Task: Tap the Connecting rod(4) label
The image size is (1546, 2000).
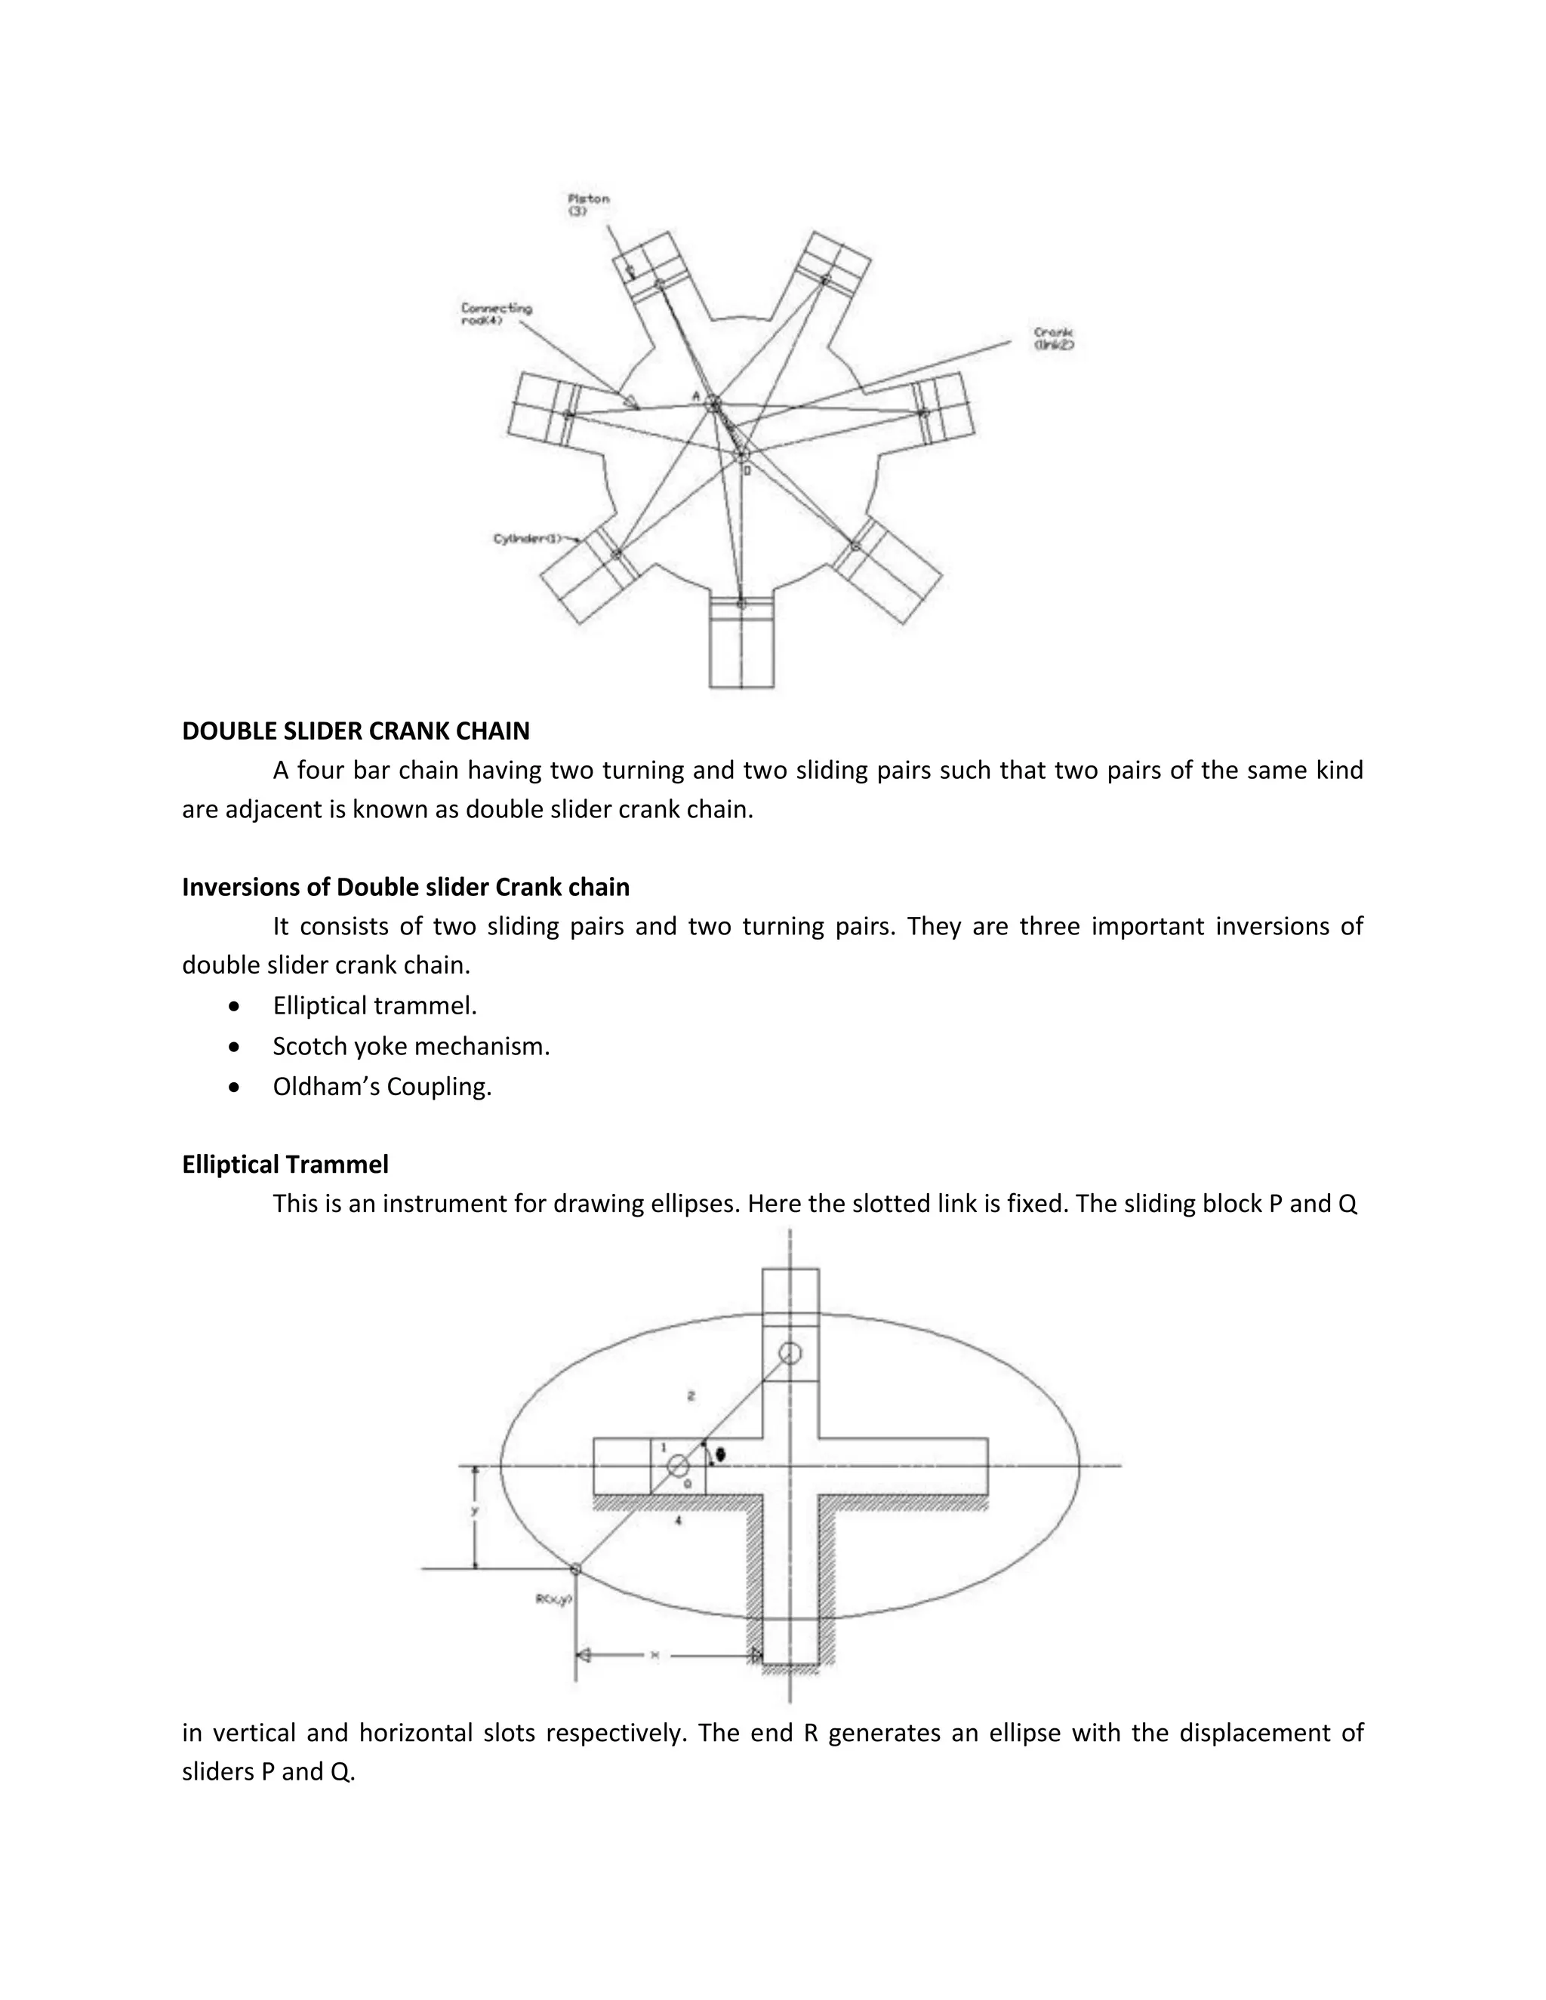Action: pos(495,314)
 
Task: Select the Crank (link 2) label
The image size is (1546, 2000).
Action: pos(1053,338)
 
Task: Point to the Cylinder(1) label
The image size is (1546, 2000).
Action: pos(527,538)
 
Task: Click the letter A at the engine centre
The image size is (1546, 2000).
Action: pos(696,395)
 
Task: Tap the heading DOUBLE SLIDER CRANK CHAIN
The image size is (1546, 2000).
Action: pos(356,731)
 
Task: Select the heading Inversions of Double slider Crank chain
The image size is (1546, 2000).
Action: pos(405,887)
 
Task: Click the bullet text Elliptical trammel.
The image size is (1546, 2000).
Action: pos(374,1005)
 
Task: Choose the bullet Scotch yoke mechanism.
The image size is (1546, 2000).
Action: pos(411,1046)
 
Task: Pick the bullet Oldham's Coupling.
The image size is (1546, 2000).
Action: pos(382,1086)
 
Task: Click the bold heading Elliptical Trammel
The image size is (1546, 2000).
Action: pos(285,1164)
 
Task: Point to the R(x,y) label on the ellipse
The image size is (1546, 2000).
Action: pos(553,1599)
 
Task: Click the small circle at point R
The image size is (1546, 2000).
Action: pos(575,1570)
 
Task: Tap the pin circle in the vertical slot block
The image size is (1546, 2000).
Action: pos(790,1352)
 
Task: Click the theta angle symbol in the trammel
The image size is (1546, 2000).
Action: pos(721,1454)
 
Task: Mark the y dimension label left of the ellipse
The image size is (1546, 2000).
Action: pos(474,1511)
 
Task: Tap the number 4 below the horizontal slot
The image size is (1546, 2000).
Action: pos(678,1520)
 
